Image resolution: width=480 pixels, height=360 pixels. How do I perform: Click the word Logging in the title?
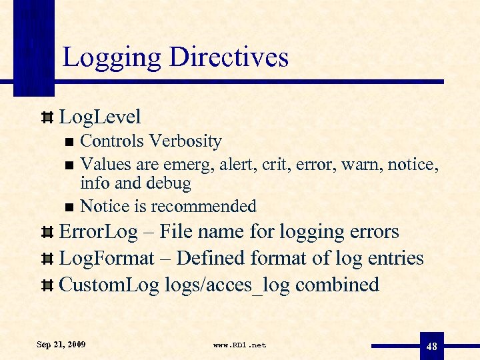(x=111, y=57)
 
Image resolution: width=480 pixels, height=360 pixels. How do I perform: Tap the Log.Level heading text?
(x=100, y=117)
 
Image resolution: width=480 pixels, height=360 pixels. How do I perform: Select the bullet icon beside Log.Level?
(x=47, y=118)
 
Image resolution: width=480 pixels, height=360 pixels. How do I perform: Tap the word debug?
(x=168, y=183)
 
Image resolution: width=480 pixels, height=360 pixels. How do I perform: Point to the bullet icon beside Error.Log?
(x=47, y=233)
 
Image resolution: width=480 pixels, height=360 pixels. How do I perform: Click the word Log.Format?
(x=107, y=258)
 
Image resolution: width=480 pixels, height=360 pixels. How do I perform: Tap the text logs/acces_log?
(x=227, y=285)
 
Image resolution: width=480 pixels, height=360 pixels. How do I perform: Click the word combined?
(x=337, y=285)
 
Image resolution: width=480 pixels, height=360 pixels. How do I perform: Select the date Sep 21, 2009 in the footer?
(x=61, y=345)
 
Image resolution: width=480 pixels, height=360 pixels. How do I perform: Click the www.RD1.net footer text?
(x=239, y=345)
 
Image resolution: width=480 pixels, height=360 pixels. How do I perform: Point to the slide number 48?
(x=431, y=346)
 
